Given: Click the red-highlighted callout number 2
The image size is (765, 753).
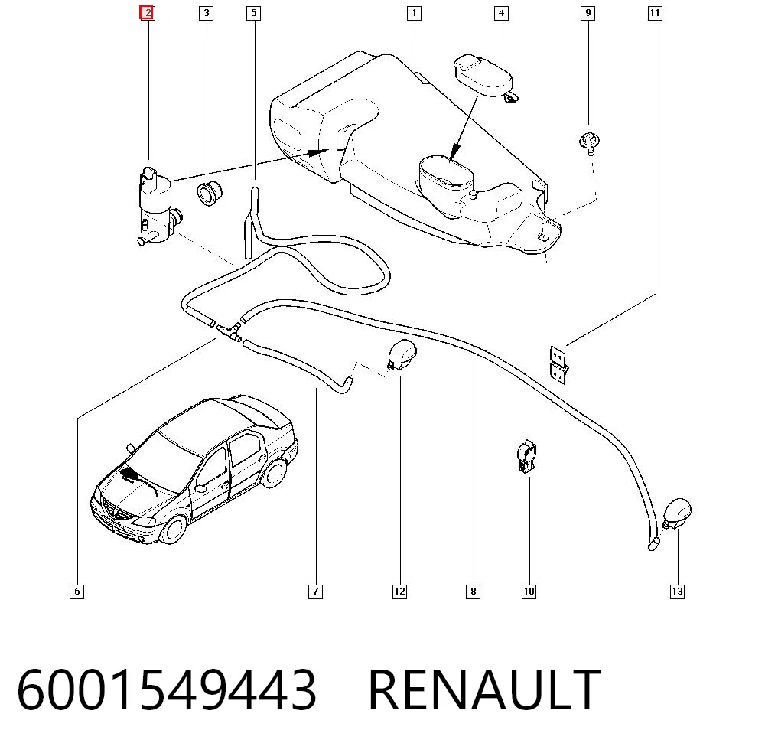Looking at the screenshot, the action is [x=147, y=13].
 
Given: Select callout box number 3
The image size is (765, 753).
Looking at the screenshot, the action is [x=207, y=13].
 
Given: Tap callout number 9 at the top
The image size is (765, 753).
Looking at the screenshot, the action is [x=588, y=13].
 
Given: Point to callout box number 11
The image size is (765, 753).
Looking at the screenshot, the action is [x=655, y=13].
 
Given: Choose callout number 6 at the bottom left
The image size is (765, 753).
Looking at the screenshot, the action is [x=77, y=592].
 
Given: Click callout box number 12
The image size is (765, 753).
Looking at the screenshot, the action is [x=399, y=592].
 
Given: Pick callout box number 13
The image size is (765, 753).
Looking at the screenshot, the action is [x=677, y=592].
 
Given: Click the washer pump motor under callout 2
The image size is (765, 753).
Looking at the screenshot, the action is [x=157, y=206].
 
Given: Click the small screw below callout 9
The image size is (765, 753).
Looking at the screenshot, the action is [x=589, y=143].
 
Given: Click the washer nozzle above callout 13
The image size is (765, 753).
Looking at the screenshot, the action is [x=678, y=513].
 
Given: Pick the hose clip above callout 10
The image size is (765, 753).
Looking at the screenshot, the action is [x=526, y=456].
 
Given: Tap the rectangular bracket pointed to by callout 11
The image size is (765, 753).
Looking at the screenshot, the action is [x=558, y=365].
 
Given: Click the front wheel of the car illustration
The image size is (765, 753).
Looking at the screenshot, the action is [x=173, y=529].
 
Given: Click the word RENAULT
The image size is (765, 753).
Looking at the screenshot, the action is [x=484, y=690].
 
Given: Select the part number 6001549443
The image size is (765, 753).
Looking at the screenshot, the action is [x=167, y=690].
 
